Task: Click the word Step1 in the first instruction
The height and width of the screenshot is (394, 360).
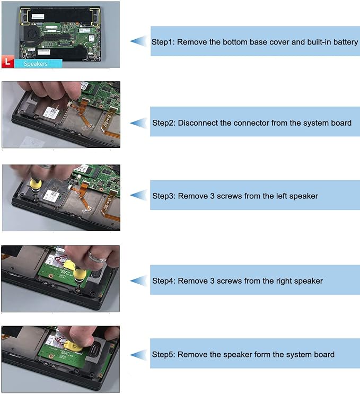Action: (x=163, y=42)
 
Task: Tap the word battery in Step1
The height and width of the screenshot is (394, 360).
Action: (x=346, y=42)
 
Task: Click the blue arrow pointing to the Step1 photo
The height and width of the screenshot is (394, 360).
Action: (x=138, y=41)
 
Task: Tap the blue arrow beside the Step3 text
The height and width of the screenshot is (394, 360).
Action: (x=138, y=196)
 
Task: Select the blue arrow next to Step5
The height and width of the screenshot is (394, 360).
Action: (x=138, y=355)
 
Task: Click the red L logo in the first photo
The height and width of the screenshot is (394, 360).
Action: (x=8, y=62)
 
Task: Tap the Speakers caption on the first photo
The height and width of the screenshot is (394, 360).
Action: (x=36, y=64)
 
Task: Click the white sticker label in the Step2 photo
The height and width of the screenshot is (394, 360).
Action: (x=52, y=113)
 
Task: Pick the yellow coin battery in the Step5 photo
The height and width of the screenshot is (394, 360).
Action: (x=73, y=346)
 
